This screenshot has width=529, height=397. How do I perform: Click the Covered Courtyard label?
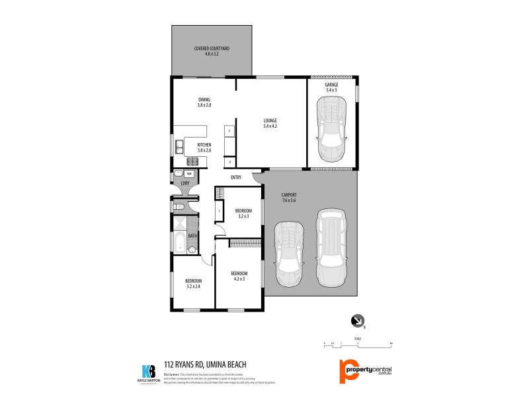[x=211, y=50]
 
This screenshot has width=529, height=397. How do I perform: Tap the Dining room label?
[x=204, y=102]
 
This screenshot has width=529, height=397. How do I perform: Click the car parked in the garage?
[x=331, y=129]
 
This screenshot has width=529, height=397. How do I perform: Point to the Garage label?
[x=331, y=87]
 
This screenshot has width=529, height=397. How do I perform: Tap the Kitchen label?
[x=204, y=147]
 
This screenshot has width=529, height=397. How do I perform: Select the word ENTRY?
[x=235, y=177]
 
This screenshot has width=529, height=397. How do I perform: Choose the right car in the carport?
[x=331, y=246]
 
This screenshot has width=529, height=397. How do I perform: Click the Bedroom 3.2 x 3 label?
[x=243, y=213]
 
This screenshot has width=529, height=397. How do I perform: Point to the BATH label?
[x=192, y=236]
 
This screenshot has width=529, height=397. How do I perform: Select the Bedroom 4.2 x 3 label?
[x=238, y=275]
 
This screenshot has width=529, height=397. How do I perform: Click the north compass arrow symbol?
[x=357, y=320]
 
